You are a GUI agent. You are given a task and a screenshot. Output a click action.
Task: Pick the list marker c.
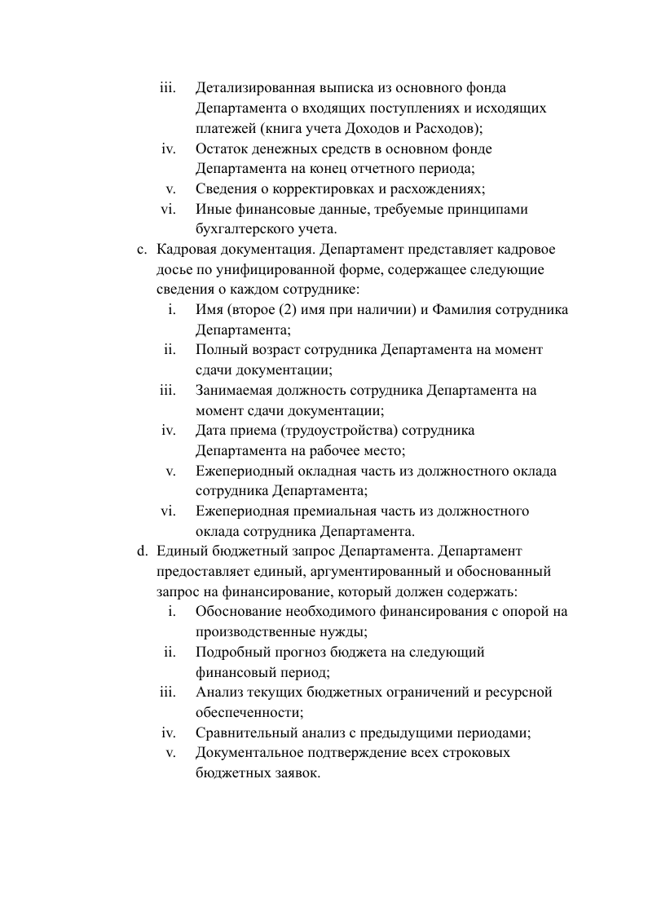click(x=142, y=249)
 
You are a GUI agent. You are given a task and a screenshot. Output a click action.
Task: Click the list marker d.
click(x=142, y=551)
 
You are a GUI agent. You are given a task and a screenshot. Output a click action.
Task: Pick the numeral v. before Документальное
click(x=171, y=752)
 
